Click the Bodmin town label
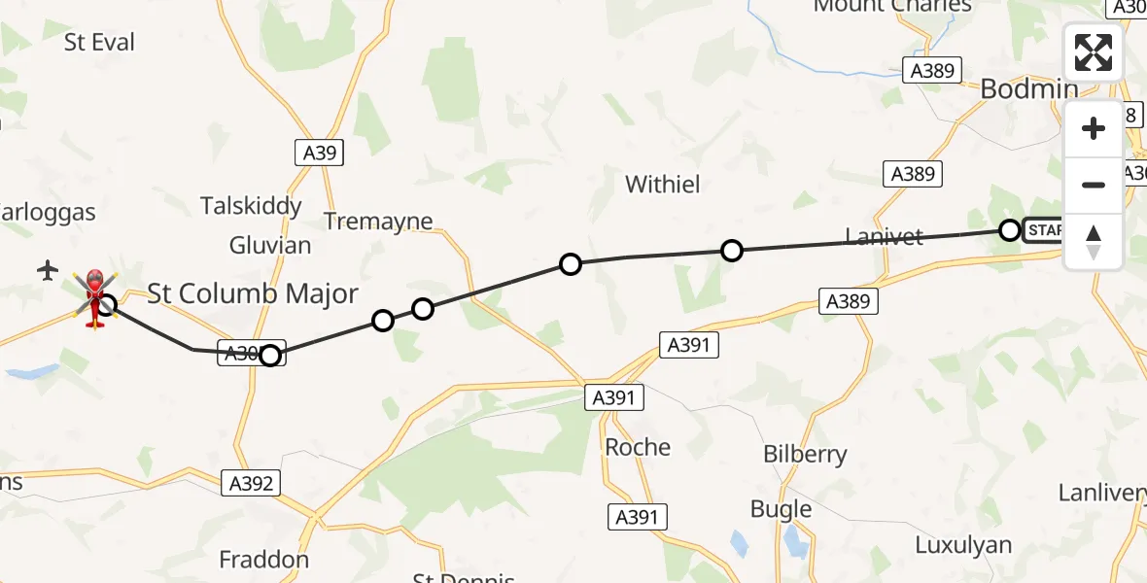[1028, 89]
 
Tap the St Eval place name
[99, 43]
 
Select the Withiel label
[662, 184]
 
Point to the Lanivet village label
[883, 237]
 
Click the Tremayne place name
[378, 222]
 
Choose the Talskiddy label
[251, 206]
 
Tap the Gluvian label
[270, 245]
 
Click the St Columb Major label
[253, 293]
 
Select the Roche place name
[638, 447]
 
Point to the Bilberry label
[805, 454]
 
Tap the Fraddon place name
[263, 560]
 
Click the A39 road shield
[319, 152]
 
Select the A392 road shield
[251, 483]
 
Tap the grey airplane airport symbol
[48, 271]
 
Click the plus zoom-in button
[1094, 129]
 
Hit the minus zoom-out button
[1094, 185]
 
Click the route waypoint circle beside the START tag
[1010, 230]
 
